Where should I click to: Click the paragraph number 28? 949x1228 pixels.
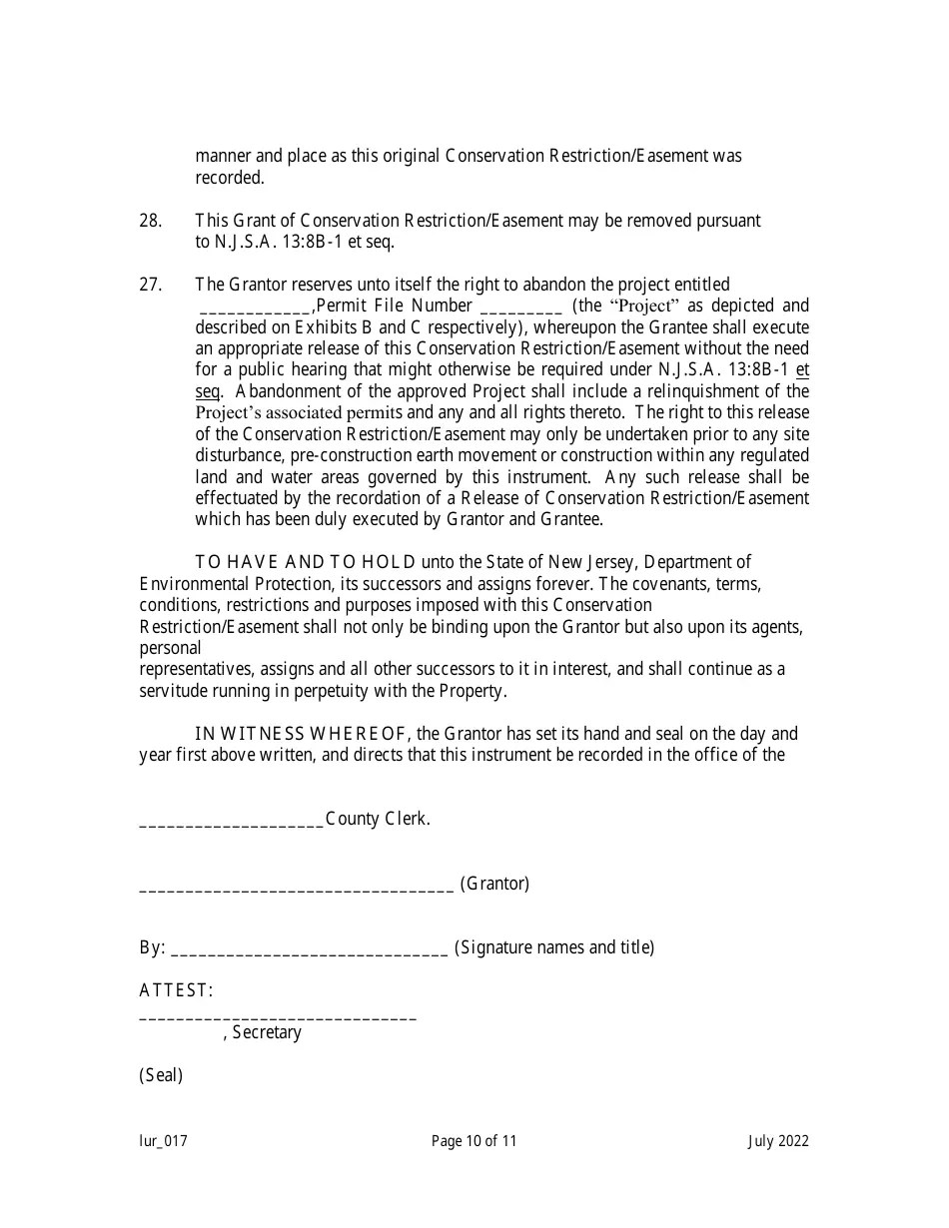pos(150,220)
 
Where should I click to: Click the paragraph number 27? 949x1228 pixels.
pos(150,285)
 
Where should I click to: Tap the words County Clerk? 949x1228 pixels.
pos(378,819)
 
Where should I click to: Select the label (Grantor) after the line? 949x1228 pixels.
pos(494,884)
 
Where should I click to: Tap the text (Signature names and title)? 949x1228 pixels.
pos(554,947)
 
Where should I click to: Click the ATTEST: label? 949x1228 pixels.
pos(176,990)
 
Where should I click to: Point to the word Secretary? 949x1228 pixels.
pos(266,1032)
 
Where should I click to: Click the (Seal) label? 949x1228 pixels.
pos(161,1075)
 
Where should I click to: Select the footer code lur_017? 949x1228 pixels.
pos(163,1141)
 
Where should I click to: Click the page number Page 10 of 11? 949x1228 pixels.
pos(474,1141)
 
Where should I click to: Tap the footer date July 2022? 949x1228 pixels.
pos(778,1141)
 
